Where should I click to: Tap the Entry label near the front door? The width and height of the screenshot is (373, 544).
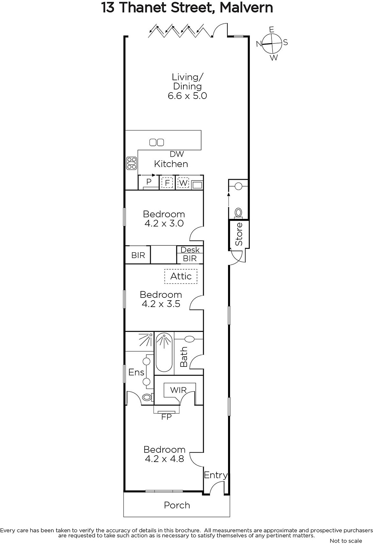(216, 475)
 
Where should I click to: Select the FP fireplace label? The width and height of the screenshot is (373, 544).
(166, 417)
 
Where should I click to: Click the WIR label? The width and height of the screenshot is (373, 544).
(178, 390)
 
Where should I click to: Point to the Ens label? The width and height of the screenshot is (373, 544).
(136, 372)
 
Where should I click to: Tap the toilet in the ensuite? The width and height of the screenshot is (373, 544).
(148, 397)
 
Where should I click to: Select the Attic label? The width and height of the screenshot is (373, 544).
(181, 276)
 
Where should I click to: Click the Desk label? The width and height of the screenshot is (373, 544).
(190, 250)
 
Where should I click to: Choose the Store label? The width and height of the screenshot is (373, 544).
(239, 234)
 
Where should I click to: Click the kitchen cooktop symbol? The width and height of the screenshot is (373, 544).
(132, 163)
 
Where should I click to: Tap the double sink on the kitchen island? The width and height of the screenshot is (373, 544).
(157, 142)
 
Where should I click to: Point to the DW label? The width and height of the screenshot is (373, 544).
(177, 154)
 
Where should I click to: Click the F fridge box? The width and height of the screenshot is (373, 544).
(167, 183)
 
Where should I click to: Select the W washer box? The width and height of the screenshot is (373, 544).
(183, 183)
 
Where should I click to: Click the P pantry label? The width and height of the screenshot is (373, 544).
(149, 182)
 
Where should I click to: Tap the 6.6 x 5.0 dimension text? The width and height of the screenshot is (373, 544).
(187, 96)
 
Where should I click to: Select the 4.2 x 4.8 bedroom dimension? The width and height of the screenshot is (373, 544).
(164, 459)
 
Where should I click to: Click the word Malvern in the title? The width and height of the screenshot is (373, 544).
(246, 7)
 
